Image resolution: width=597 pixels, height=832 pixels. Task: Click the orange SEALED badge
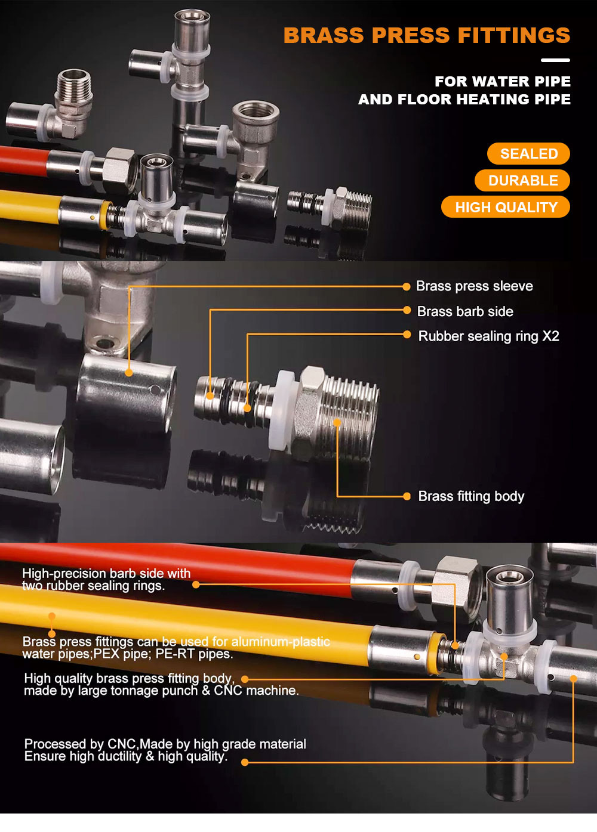click(x=528, y=153)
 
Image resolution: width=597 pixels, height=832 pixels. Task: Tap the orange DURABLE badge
click(x=522, y=181)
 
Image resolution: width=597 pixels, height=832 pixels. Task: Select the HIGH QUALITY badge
click(x=506, y=207)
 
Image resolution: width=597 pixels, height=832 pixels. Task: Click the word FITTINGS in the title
click(x=514, y=35)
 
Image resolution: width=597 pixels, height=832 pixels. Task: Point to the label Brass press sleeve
click(x=475, y=286)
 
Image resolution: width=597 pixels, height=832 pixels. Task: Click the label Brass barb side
click(x=465, y=311)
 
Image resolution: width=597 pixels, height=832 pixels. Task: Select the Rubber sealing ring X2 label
click(x=488, y=336)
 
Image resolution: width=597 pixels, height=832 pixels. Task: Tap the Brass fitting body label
click(x=471, y=496)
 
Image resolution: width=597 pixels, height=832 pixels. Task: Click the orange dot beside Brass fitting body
click(x=407, y=496)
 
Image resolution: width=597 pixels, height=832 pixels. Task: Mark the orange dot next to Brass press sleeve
click(x=407, y=286)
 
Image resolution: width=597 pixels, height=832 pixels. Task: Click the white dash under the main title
click(x=555, y=60)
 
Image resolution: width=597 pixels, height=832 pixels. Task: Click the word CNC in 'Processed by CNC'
click(x=122, y=744)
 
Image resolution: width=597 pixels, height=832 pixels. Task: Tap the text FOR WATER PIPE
click(x=503, y=81)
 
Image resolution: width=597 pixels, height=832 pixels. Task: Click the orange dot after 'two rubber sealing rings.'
click(x=196, y=585)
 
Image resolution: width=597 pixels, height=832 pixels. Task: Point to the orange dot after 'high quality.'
click(x=245, y=763)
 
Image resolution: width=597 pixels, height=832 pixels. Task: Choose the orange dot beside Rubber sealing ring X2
click(x=407, y=335)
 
